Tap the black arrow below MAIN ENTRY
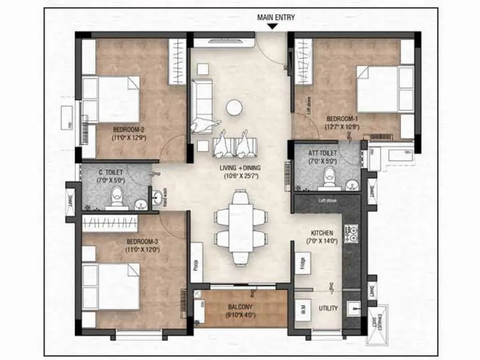[272, 26]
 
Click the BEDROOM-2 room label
[129, 129]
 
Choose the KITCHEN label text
[322, 232]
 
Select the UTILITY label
[328, 308]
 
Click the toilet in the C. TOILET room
[118, 194]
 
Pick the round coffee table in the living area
[233, 107]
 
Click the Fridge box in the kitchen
[302, 263]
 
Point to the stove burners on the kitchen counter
[351, 235]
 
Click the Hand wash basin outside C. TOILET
[157, 196]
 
